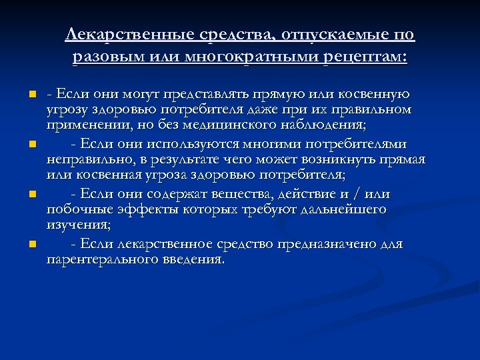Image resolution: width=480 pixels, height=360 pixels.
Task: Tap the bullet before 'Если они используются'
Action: [31, 144]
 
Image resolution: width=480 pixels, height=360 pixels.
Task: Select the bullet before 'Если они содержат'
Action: [31, 194]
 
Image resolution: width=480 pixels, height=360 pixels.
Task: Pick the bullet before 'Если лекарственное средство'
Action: [31, 244]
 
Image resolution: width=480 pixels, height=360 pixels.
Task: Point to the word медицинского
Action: [230, 125]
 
